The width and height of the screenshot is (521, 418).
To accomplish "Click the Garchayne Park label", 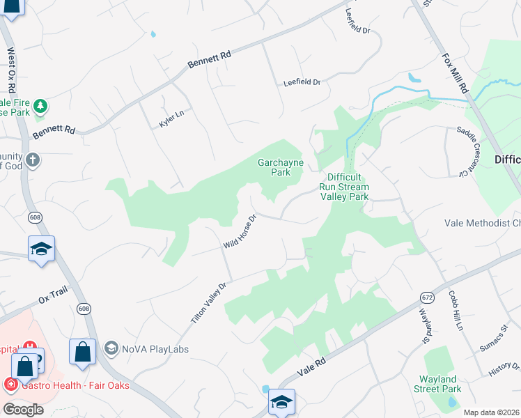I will pos(274,167).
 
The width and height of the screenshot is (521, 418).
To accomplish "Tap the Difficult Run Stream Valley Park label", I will pos(343,187).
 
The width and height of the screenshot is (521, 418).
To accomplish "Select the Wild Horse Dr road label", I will pos(240,232).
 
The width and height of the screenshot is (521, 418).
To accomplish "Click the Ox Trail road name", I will pos(52,297).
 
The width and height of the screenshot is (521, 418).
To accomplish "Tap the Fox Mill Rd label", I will pos(454,73).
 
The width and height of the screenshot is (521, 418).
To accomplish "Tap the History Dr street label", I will pos(504,370).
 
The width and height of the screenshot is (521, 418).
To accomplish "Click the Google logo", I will pos(24,410).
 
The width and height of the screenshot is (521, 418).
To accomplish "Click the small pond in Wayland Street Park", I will pos(453,402).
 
